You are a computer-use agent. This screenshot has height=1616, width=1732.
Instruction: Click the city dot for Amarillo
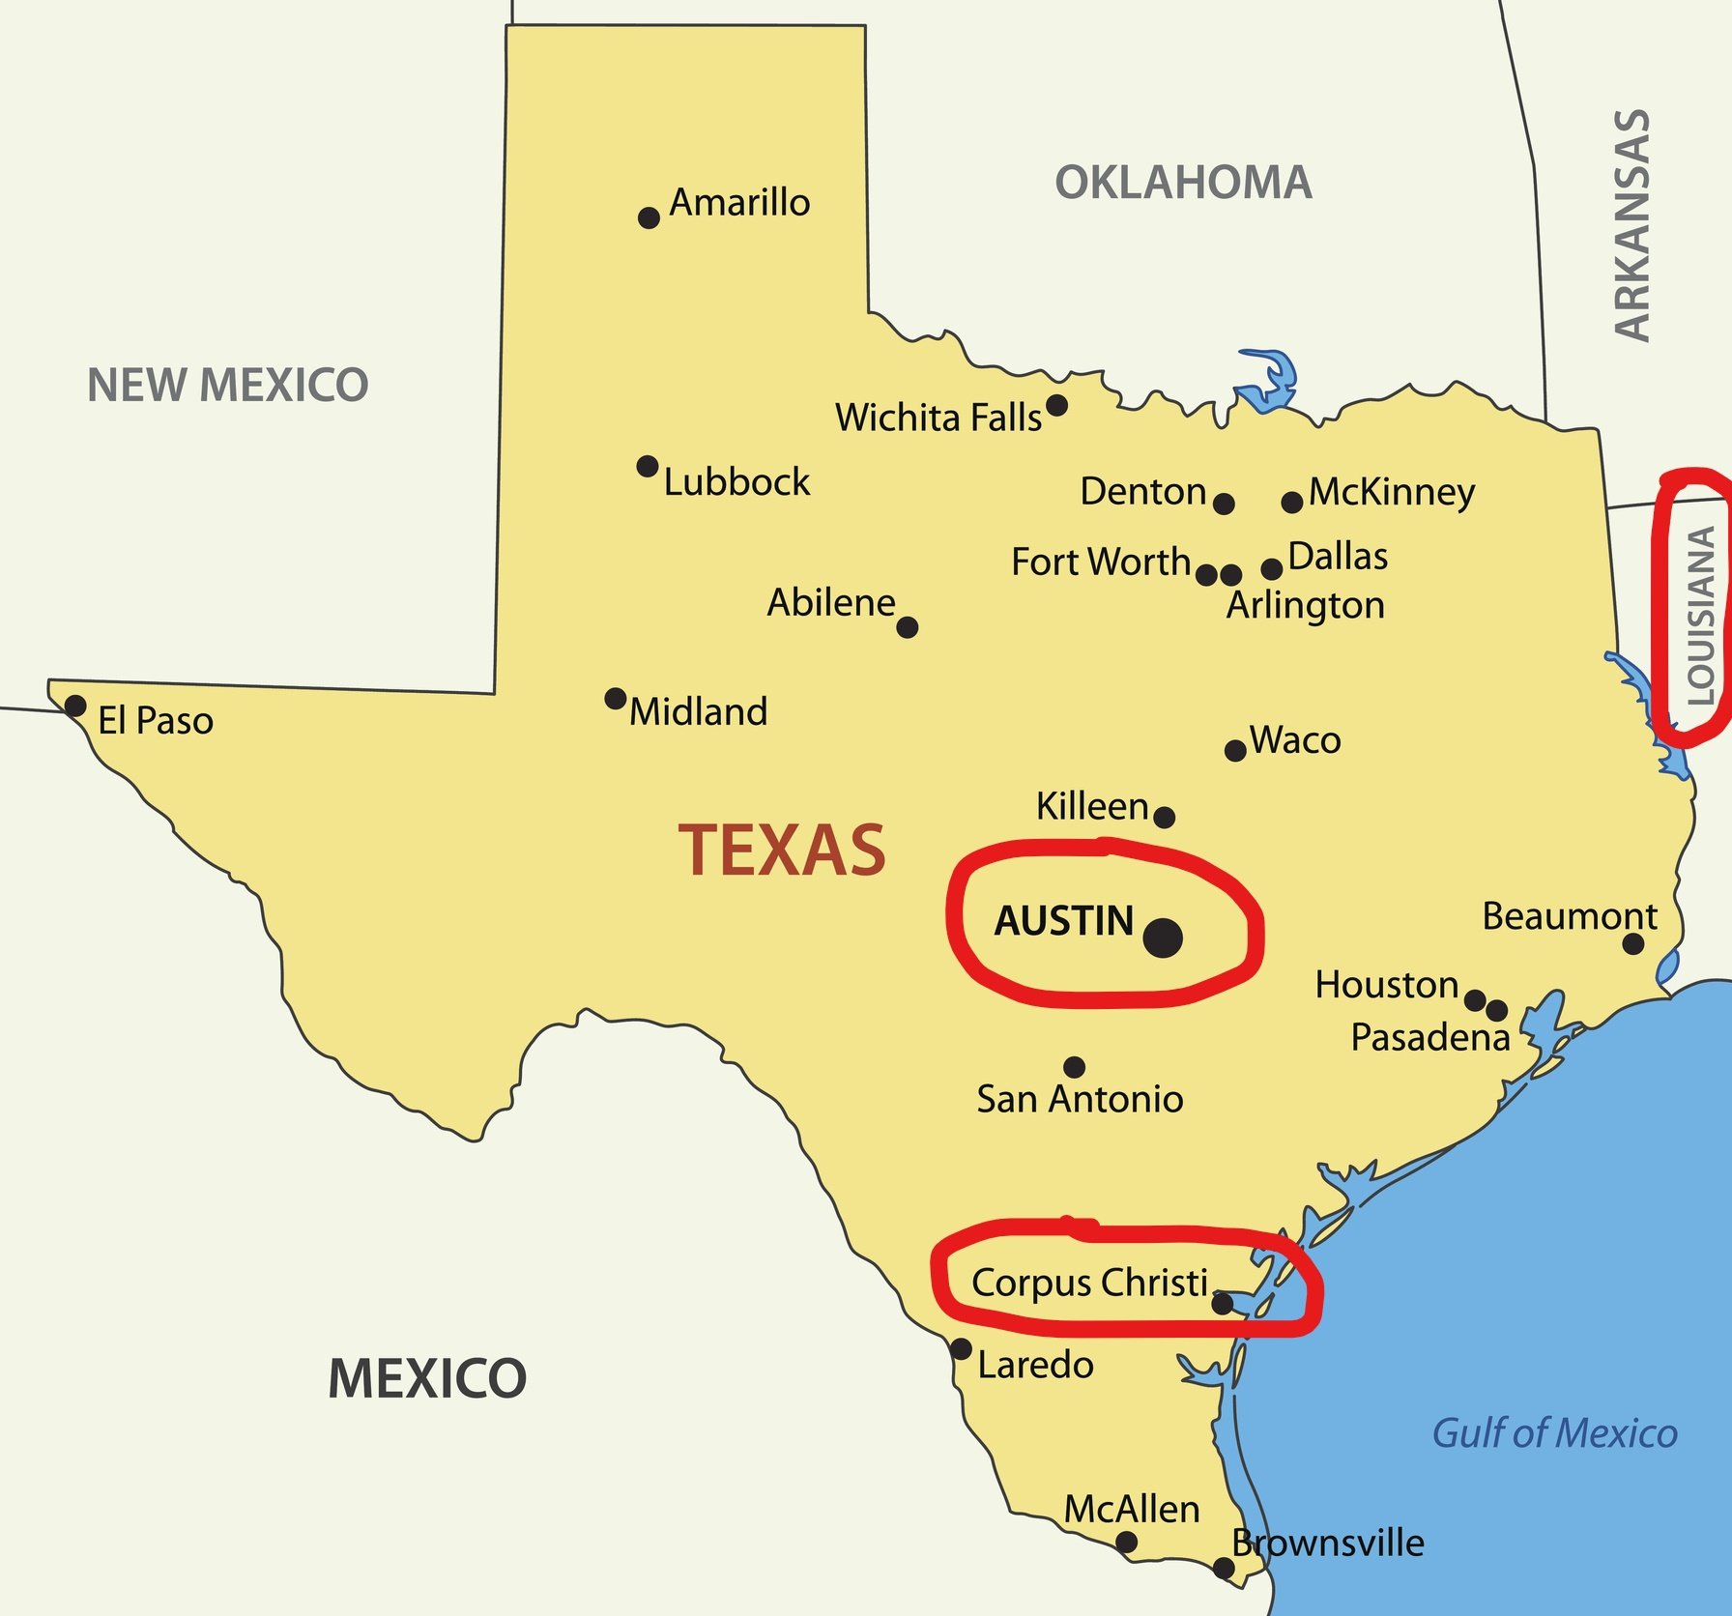(649, 217)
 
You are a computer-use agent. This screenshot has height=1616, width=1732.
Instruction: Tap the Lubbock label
(736, 481)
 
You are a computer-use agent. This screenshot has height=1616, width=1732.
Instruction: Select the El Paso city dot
(74, 706)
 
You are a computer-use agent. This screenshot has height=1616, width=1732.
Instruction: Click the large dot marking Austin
(1162, 938)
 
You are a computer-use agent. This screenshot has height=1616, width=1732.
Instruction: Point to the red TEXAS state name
(781, 850)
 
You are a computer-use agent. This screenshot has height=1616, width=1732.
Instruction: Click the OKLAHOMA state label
(1183, 182)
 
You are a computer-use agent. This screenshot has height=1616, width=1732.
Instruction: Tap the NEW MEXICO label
(227, 384)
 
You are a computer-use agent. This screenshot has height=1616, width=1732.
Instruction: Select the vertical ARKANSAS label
(1632, 224)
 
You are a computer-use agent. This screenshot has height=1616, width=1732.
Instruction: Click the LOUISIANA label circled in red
(1699, 615)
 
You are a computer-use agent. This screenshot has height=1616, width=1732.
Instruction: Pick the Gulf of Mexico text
(1553, 1432)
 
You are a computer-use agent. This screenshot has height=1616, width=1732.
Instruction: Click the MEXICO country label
(426, 1377)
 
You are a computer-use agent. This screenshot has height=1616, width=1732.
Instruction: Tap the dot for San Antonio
(1074, 1067)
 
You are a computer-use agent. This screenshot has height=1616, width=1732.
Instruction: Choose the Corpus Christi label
(1089, 1282)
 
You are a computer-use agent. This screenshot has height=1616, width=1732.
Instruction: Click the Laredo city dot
(961, 1348)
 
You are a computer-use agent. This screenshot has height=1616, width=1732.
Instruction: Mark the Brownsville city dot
(1224, 1568)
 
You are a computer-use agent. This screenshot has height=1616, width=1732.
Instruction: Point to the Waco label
(1295, 739)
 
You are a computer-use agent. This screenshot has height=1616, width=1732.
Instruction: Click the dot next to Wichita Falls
(1056, 405)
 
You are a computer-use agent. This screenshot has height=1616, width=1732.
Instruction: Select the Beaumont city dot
(1632, 943)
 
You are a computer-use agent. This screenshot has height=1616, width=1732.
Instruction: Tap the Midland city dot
(615, 698)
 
